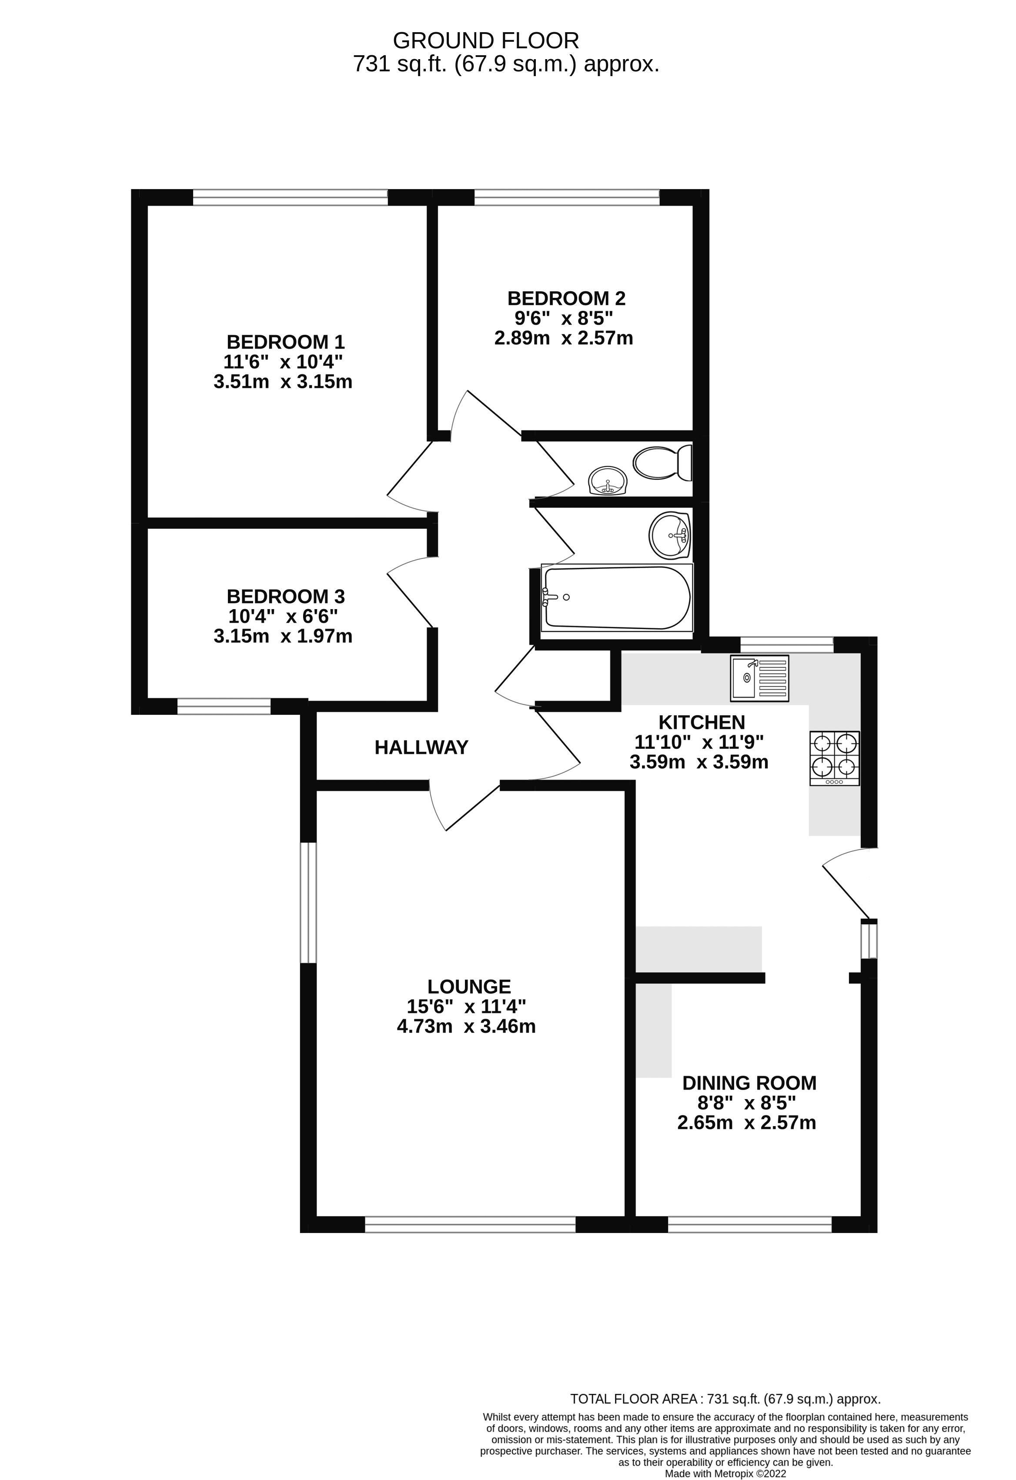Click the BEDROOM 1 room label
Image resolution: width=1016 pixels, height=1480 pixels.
285,342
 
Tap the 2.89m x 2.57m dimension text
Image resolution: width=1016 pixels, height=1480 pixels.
563,337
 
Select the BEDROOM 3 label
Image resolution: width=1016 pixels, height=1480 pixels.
285,597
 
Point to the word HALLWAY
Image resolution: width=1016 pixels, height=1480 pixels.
421,747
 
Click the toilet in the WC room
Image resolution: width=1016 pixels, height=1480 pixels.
662,462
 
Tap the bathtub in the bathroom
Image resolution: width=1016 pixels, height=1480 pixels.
617,597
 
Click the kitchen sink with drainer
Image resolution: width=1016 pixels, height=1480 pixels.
759,677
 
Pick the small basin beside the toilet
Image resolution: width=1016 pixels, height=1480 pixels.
608,481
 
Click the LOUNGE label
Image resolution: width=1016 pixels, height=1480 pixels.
469,987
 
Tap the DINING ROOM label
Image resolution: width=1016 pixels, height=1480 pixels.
749,1083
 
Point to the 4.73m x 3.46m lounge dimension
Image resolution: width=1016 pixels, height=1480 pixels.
466,1026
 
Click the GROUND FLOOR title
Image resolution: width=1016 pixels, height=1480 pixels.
485,41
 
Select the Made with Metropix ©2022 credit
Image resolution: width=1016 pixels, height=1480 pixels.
725,1473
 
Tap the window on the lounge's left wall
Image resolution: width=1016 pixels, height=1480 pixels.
308,903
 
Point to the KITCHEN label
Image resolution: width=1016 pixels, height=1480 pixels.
701,722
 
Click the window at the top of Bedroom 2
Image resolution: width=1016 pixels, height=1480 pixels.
566,197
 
